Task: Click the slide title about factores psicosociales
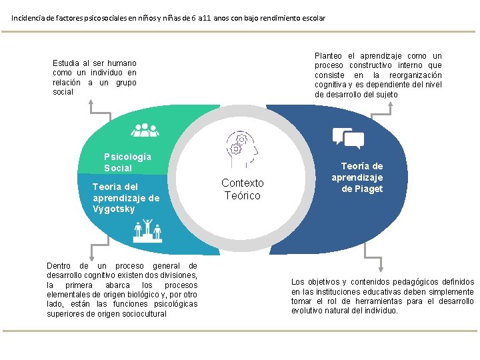168,18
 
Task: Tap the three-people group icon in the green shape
145,130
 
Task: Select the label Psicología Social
127,162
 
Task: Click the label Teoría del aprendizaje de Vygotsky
126,198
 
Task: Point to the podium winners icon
147,230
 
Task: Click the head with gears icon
239,149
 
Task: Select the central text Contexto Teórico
242,189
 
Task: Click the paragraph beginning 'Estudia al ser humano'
95,77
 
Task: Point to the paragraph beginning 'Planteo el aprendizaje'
378,75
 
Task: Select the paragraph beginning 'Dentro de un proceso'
122,289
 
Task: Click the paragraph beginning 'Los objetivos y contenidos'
383,296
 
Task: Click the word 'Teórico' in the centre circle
243,195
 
